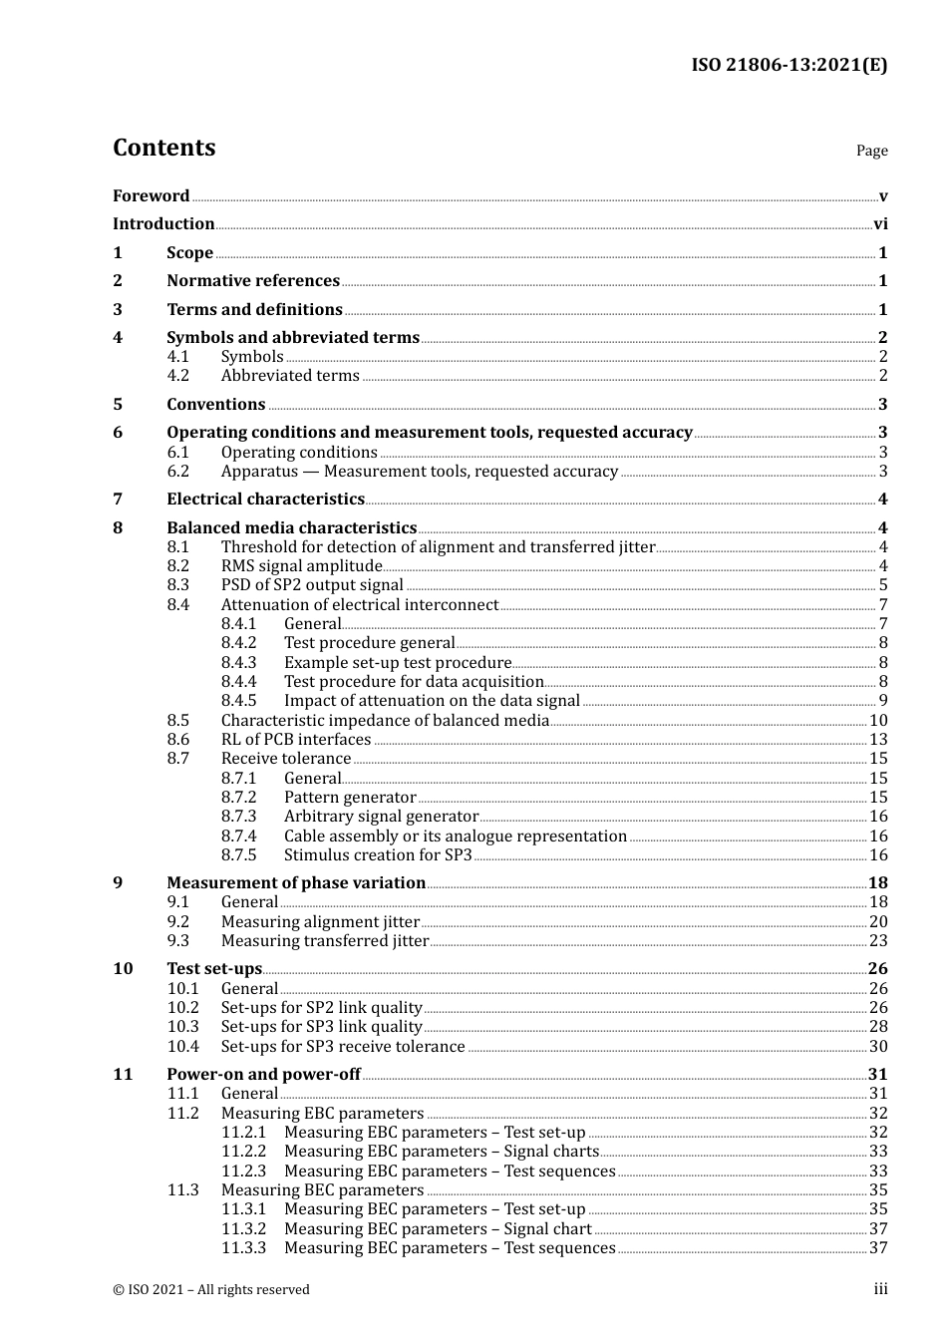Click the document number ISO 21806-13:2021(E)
tap(789, 66)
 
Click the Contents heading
tap(164, 148)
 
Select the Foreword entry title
tap(151, 196)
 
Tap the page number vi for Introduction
tap(880, 224)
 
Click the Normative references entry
tap(253, 281)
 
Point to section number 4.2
tap(177, 376)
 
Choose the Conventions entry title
tap(216, 405)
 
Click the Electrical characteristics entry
tap(265, 500)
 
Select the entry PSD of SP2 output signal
tap(312, 585)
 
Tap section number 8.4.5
tap(238, 701)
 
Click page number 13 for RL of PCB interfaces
tap(878, 740)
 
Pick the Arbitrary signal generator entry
tap(381, 817)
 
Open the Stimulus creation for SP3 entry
tap(378, 855)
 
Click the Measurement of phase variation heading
tap(296, 883)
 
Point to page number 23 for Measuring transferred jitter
tap(878, 941)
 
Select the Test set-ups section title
tap(214, 969)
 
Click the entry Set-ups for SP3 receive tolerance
tap(343, 1047)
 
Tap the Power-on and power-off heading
tap(263, 1075)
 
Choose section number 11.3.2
tap(243, 1229)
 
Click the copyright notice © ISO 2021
tap(211, 1290)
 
